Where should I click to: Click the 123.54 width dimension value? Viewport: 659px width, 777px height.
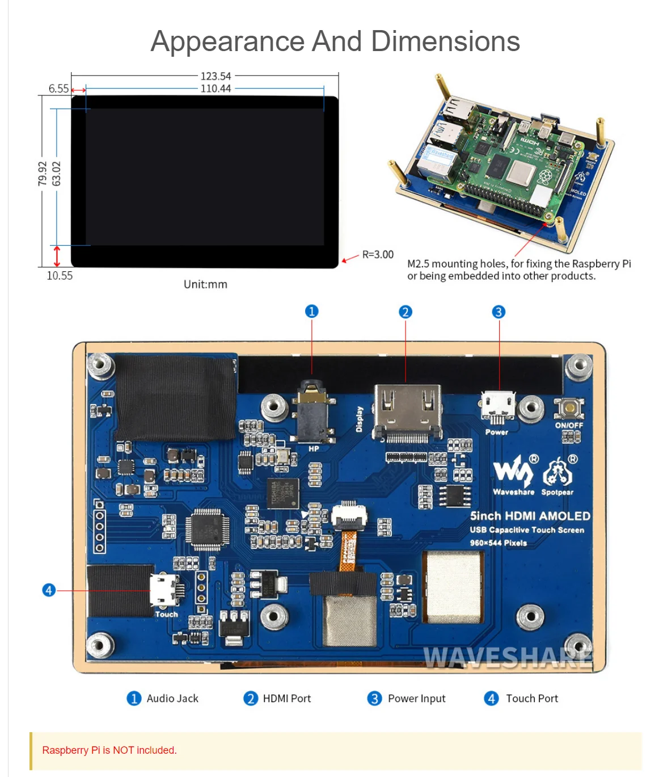(x=216, y=76)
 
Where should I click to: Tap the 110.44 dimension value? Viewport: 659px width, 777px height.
(x=216, y=89)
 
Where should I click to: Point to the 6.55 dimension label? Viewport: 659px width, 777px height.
(x=58, y=89)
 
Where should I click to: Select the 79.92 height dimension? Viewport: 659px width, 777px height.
(x=43, y=173)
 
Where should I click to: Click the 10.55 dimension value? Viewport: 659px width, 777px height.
(x=60, y=276)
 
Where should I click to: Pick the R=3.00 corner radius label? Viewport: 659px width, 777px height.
(x=378, y=255)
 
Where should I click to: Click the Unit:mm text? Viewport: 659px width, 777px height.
(x=205, y=284)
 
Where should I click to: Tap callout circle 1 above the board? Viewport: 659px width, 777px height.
(x=311, y=311)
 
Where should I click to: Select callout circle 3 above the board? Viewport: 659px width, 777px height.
(x=499, y=312)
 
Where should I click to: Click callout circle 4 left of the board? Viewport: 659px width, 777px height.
(x=49, y=590)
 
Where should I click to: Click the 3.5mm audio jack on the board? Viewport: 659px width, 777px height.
(x=311, y=411)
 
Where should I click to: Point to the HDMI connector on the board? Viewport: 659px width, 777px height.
(x=407, y=411)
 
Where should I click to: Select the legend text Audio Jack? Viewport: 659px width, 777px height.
(x=172, y=699)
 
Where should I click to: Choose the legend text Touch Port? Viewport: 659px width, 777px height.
(x=532, y=699)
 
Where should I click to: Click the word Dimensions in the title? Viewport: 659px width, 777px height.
(x=445, y=41)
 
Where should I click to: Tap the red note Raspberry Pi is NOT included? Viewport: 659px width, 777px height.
(x=109, y=750)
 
